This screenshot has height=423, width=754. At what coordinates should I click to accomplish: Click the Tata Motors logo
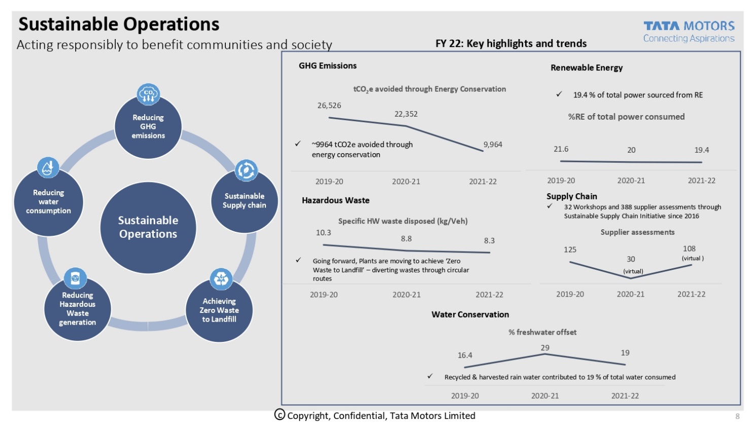[689, 31]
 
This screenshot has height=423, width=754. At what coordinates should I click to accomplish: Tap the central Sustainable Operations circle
[148, 227]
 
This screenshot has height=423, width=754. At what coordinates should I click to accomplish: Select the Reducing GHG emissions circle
[148, 127]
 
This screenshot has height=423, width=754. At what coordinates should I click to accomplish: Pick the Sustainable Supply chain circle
[244, 201]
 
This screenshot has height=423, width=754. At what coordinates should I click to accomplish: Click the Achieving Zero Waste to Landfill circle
[219, 310]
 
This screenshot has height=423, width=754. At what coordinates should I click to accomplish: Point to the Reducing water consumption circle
[49, 202]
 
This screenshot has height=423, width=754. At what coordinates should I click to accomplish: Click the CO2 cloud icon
[148, 94]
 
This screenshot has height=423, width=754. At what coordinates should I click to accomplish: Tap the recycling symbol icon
[221, 278]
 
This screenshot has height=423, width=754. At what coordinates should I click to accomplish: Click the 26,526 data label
[329, 105]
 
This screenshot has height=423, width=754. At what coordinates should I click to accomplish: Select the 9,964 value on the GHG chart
[493, 145]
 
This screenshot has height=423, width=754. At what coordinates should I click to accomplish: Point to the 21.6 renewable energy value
[561, 149]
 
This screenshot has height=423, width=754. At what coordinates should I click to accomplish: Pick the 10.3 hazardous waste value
[323, 233]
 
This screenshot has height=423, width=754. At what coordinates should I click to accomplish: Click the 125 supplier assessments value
[570, 250]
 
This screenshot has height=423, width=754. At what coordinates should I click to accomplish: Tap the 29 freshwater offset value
[545, 348]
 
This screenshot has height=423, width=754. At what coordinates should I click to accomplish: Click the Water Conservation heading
[470, 314]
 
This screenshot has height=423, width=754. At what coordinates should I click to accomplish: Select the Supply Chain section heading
[571, 196]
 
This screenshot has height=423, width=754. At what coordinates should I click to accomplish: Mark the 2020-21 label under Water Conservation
[545, 396]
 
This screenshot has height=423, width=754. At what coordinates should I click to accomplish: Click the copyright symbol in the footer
[280, 415]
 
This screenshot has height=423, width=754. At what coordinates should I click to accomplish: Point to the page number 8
[737, 416]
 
